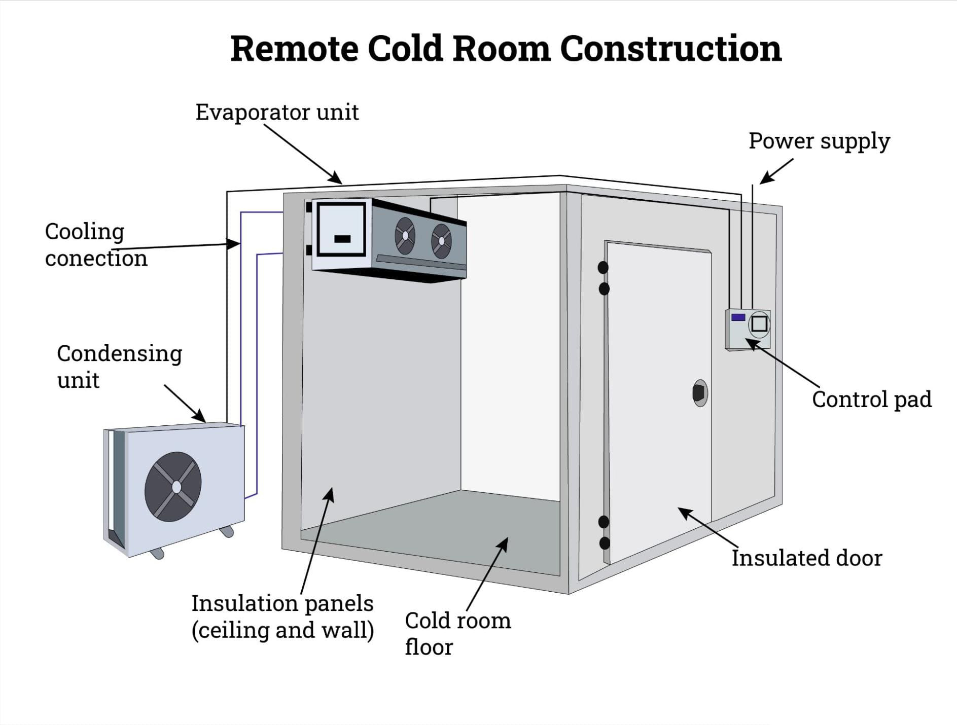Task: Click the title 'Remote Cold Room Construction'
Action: coord(506,49)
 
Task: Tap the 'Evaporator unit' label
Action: coord(277,113)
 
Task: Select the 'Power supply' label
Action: coord(819,141)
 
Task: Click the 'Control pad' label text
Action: coord(871,400)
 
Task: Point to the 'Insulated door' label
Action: coord(806,558)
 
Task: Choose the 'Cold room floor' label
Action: coord(457,633)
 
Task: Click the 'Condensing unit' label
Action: coord(119,367)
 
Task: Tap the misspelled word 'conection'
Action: coord(96,259)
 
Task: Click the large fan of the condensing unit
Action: coord(173,487)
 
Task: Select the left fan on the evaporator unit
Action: coord(405,236)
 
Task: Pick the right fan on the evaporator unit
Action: coord(441,241)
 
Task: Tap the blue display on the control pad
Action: coord(738,317)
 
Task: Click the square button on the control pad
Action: coord(759,323)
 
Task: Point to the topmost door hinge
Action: coord(603,267)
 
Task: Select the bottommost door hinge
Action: coord(605,543)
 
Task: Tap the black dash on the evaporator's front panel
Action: coord(342,239)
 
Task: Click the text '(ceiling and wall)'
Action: coord(282,630)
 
